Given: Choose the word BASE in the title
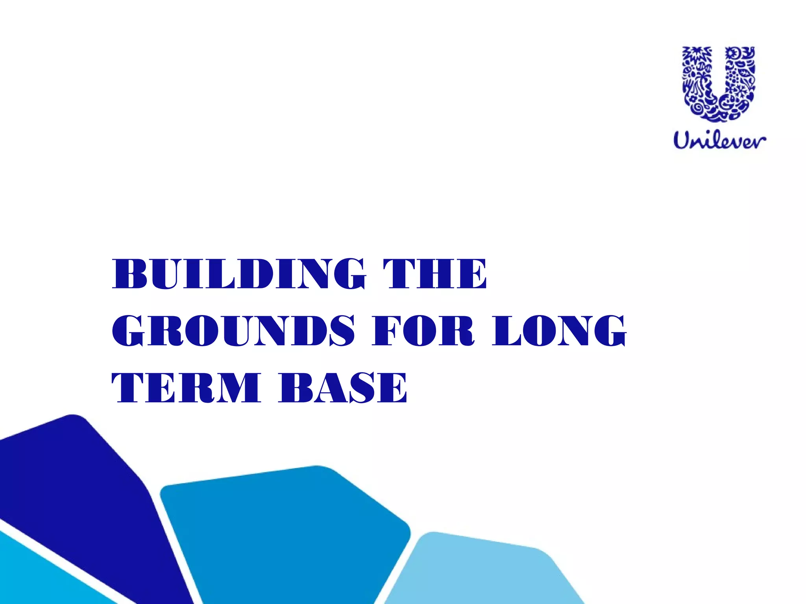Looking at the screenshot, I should point(343,388).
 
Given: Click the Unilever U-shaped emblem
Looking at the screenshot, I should point(719,83).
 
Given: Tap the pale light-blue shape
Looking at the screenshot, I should point(484,570).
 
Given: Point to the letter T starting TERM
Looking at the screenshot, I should point(128,388).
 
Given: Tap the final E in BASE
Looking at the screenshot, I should point(394,388).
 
